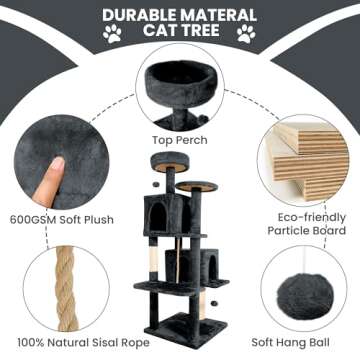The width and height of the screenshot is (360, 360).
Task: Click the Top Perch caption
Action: click(x=180, y=140)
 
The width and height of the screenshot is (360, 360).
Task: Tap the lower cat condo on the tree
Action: click(x=210, y=268)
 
